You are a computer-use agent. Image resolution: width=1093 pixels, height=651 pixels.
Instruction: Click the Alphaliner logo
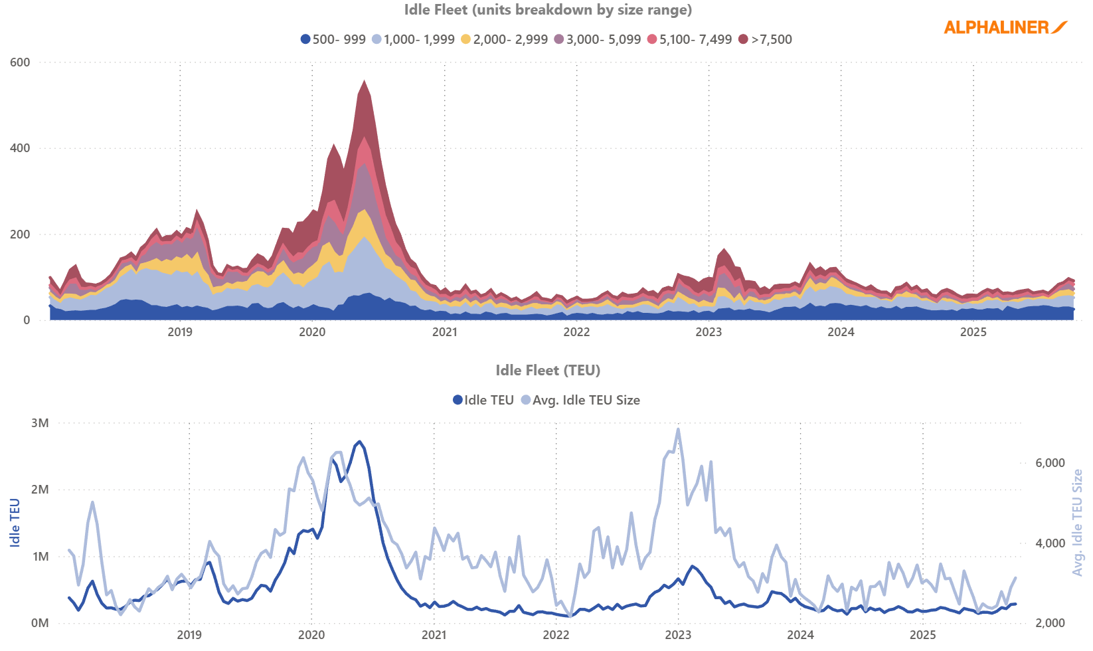[x=1005, y=27]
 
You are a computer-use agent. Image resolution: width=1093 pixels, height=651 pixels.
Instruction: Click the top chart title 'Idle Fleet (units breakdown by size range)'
[x=548, y=10]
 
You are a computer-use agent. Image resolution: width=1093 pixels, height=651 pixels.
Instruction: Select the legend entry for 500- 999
[x=333, y=39]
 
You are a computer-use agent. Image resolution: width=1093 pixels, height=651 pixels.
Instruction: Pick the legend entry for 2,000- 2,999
[x=504, y=39]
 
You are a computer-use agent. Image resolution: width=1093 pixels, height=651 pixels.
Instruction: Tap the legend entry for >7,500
[x=766, y=39]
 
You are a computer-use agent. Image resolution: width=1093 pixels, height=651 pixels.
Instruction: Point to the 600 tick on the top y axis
[x=20, y=62]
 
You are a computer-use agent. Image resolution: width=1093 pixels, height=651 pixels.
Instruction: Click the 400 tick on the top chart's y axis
[x=20, y=148]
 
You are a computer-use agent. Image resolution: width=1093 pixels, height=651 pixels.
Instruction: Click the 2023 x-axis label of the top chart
[x=709, y=332]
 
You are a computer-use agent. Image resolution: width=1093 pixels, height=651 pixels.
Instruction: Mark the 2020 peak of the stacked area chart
[x=364, y=82]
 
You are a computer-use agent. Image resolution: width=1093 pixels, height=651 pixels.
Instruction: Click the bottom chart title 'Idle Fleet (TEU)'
[x=548, y=371]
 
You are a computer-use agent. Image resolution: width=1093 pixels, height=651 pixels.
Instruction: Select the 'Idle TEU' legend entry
[x=483, y=400]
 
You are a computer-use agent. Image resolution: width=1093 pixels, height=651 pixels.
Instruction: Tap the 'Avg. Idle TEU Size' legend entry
[x=580, y=400]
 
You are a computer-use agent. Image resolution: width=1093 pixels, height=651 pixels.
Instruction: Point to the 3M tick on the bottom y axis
[x=40, y=423]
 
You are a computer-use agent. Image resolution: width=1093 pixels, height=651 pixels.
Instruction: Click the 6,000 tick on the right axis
[x=1050, y=463]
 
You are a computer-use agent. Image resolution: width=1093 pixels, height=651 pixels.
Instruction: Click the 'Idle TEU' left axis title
[x=15, y=523]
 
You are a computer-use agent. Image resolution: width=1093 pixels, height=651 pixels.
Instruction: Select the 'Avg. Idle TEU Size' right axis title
[x=1077, y=523]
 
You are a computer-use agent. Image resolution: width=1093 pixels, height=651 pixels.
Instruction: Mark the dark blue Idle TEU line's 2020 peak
[x=359, y=441]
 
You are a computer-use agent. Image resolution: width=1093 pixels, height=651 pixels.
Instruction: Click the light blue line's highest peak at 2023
[x=678, y=428]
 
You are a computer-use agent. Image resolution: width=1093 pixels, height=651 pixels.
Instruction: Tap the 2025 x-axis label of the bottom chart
[x=922, y=635]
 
